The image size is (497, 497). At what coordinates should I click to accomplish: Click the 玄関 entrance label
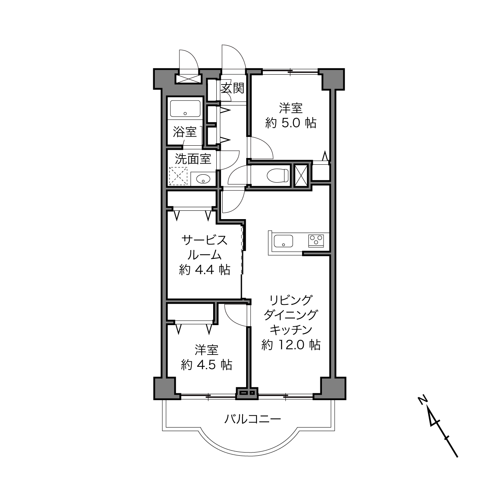pos(232,88)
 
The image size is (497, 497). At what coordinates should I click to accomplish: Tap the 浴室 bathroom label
pos(185,132)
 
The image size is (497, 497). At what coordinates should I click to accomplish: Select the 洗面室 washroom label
pos(193,159)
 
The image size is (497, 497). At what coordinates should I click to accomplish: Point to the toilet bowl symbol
pos(277,175)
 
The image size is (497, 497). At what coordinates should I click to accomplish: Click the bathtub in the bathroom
pos(185,108)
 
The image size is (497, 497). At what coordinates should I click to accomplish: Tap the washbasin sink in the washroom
pos(204,179)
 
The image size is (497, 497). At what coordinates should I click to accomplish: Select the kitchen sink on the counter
pos(283,241)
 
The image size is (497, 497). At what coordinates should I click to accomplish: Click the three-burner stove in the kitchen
pos(316,241)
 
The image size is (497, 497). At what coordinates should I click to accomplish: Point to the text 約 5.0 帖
pos(291,123)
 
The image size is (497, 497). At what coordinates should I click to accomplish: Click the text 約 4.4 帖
pos(204,270)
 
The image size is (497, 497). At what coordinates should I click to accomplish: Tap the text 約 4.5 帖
pos(206,365)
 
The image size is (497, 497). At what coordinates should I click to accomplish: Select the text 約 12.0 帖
pos(291,345)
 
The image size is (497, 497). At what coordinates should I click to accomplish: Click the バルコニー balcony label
pos(252,419)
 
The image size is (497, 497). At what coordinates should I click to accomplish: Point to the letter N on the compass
pos(422,400)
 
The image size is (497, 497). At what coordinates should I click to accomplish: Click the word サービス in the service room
pos(204,240)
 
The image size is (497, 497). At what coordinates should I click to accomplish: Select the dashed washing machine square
pos(178,176)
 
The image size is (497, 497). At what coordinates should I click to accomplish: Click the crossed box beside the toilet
pos(301,175)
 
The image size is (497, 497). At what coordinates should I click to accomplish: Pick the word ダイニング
pos(291,315)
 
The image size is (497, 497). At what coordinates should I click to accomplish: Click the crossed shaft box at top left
pos(188,79)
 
